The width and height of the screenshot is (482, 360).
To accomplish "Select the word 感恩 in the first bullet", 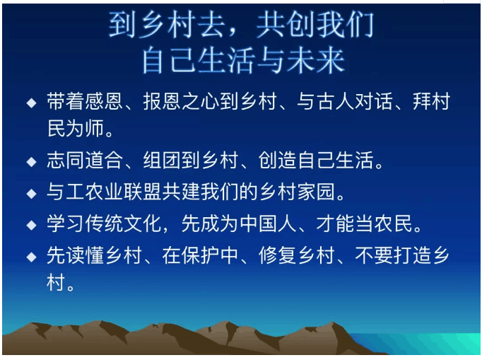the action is [x=104, y=101].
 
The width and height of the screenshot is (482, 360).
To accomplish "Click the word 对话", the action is [x=374, y=101].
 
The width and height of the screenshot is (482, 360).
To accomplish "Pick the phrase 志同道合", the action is [x=85, y=160].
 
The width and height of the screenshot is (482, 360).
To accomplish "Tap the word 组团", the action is [x=162, y=160].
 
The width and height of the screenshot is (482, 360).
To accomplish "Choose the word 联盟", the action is [x=143, y=192].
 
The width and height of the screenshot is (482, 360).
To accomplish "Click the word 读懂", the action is [x=85, y=255].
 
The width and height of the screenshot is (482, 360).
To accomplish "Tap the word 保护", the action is [x=201, y=255].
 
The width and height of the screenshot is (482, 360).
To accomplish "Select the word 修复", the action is [x=278, y=255].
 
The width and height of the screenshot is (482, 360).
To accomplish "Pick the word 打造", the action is [x=413, y=255].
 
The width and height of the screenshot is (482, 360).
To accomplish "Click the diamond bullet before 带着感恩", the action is [x=31, y=103].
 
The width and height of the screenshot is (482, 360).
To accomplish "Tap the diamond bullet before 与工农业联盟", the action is [x=31, y=194].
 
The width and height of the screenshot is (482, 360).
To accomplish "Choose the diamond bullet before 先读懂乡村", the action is [x=31, y=257].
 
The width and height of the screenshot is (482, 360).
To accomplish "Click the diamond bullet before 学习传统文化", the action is [x=31, y=225].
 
